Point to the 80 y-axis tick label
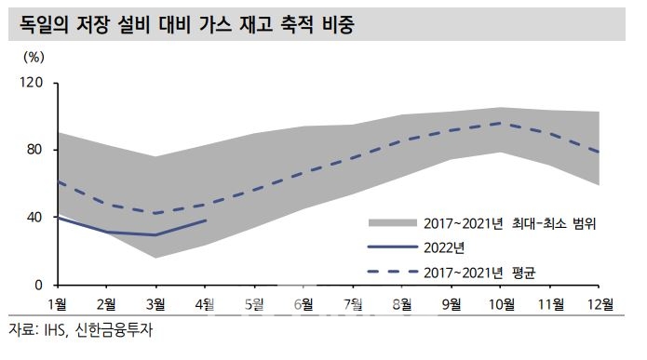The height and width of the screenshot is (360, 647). coord(35,151)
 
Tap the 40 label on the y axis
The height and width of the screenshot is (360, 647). coord(35,218)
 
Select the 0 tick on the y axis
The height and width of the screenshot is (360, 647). coord(39,285)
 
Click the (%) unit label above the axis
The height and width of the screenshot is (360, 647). coord(33,57)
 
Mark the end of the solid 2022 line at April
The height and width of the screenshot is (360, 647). coord(206,220)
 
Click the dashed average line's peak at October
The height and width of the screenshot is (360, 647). coord(501,123)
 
